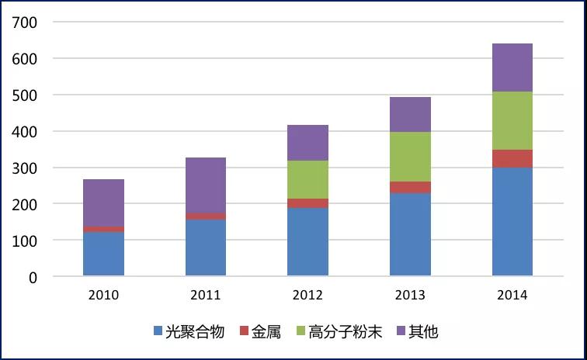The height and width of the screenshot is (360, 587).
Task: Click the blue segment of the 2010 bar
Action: click(x=104, y=254)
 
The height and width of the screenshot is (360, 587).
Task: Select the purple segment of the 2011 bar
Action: click(x=206, y=185)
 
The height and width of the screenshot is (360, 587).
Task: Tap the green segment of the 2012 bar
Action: click(x=307, y=180)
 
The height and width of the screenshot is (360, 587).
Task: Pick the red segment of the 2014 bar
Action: click(x=512, y=159)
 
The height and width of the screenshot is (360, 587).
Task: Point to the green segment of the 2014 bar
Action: click(x=512, y=120)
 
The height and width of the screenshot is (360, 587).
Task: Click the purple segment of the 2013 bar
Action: click(x=410, y=115)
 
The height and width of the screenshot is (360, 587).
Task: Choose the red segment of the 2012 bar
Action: click(x=307, y=203)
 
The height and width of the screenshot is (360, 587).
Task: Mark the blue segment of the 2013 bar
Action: click(x=410, y=234)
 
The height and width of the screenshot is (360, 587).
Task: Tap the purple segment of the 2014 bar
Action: click(x=512, y=67)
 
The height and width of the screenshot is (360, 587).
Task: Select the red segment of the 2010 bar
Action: click(x=104, y=229)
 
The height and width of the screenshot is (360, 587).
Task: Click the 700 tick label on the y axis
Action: click(x=25, y=22)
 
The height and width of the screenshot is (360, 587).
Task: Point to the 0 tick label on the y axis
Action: click(x=33, y=278)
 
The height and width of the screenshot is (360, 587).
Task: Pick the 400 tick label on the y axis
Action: click(x=25, y=132)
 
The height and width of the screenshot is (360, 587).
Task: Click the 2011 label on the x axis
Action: click(x=206, y=295)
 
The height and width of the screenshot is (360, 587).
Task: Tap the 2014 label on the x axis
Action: click(x=512, y=295)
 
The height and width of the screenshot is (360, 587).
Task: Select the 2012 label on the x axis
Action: click(x=307, y=295)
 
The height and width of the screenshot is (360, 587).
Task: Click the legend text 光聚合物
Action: click(x=195, y=331)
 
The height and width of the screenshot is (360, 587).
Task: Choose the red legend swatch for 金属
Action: click(x=244, y=331)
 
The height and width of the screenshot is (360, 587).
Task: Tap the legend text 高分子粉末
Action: click(x=346, y=331)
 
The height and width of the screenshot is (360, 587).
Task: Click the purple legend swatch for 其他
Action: click(x=401, y=331)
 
